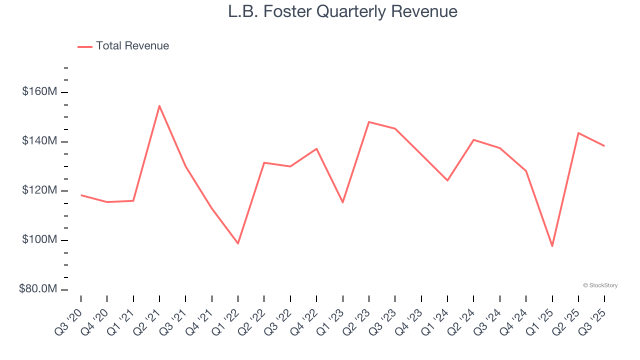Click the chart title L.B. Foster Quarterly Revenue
[x=342, y=11]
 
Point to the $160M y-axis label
[x=39, y=92]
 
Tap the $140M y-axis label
[x=39, y=141]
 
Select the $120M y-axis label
[x=39, y=191]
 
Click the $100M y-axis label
[x=39, y=240]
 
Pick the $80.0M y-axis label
[x=38, y=289]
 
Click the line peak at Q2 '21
[x=159, y=105]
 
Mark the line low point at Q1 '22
[x=238, y=243]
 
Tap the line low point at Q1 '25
[x=552, y=246]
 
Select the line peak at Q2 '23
[x=368, y=122]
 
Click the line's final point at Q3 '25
[x=604, y=146]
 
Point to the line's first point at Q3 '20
[x=81, y=195]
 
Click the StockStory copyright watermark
[x=600, y=285]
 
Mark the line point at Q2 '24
[x=473, y=139]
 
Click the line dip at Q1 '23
[x=342, y=202]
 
